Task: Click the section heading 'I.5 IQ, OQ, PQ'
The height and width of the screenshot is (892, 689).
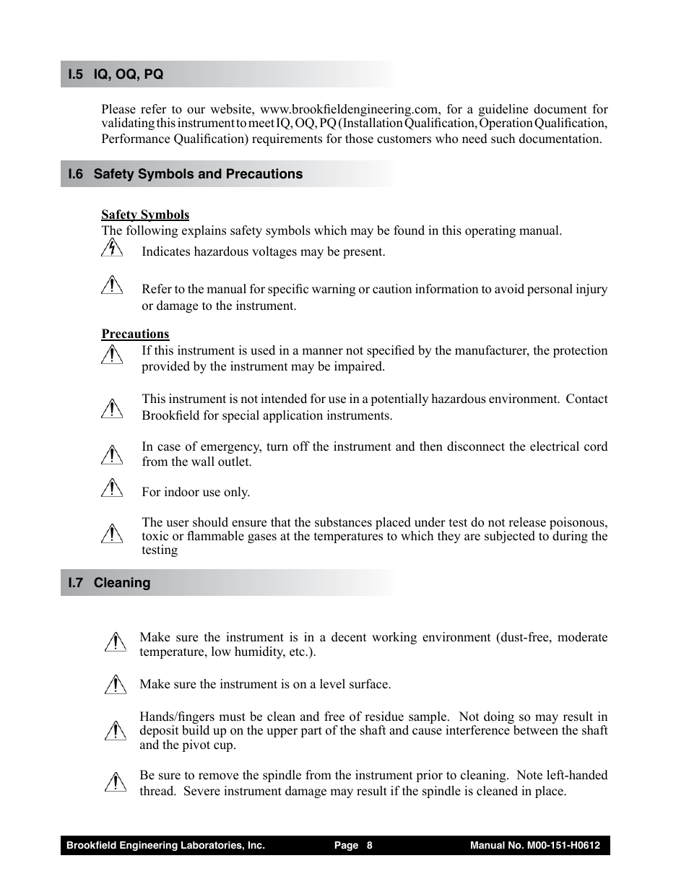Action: tap(116, 74)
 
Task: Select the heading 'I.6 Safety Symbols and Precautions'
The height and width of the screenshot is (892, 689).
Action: tap(185, 174)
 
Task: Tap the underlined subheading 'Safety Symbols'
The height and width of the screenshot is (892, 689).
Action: tap(145, 215)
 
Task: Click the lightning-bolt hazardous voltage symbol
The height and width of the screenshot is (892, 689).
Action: tap(111, 248)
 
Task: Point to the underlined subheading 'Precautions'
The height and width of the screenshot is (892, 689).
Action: tap(135, 334)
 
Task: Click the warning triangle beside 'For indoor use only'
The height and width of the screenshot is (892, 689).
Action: tap(112, 488)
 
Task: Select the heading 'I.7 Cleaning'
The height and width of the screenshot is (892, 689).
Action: tap(109, 583)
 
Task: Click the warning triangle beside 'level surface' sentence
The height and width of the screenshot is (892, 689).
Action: tap(114, 684)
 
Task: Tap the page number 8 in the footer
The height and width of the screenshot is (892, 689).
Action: tap(369, 846)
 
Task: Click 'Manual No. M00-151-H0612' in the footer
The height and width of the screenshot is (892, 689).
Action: tap(534, 846)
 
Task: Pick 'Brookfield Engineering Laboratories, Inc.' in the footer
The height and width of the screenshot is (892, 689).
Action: tap(165, 846)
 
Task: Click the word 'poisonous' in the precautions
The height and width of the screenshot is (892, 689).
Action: tap(578, 522)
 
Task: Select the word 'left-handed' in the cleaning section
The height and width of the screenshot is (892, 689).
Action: tap(578, 775)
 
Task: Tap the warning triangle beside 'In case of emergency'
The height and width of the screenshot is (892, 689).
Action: tap(112, 454)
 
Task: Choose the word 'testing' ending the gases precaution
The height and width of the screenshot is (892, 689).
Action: tap(160, 550)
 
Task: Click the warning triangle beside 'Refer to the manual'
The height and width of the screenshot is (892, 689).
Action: tap(112, 286)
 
